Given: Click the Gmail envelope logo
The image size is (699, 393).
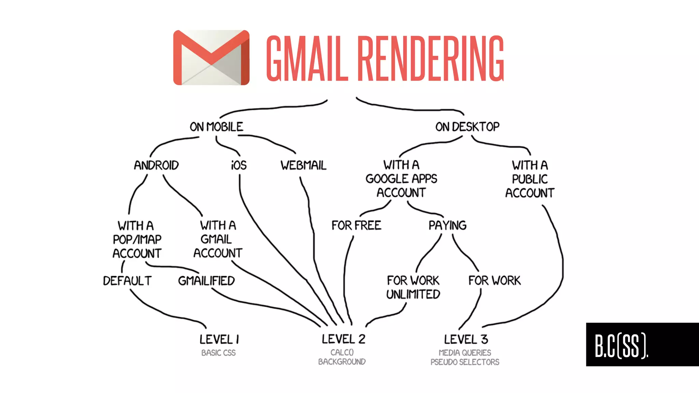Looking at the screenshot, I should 211,58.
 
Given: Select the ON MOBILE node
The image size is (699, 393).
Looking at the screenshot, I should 216,127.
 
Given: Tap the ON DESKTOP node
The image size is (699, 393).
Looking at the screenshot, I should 467,127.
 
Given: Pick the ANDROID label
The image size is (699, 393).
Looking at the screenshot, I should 156,165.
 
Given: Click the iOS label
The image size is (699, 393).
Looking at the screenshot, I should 239,165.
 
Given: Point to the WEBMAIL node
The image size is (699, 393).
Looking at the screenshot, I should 303,165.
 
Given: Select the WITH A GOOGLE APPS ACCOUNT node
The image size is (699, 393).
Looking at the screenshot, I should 401,179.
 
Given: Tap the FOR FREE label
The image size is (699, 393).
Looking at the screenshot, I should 356,225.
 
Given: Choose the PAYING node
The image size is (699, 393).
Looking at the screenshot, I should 447,225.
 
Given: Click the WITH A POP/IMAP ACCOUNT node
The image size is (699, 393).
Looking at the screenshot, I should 137,239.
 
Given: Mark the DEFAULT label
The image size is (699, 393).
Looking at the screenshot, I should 127,281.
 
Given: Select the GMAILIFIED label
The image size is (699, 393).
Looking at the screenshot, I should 206,281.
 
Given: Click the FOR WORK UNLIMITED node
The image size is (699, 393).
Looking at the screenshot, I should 413,288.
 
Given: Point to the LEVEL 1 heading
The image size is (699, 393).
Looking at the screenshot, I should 219,339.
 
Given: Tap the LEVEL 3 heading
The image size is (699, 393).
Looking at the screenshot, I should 466,339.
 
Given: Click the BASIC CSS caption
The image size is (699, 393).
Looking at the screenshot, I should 218,353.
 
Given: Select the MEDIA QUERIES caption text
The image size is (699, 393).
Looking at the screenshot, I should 465,353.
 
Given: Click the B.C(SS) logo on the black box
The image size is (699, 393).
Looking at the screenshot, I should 621,346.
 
